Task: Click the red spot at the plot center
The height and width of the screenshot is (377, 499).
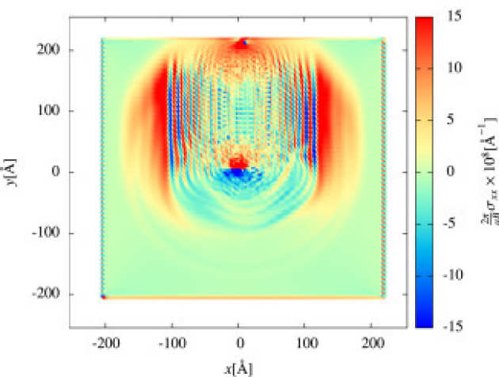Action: click(238, 164)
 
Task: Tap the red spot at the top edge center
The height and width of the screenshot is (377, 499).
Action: click(241, 44)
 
